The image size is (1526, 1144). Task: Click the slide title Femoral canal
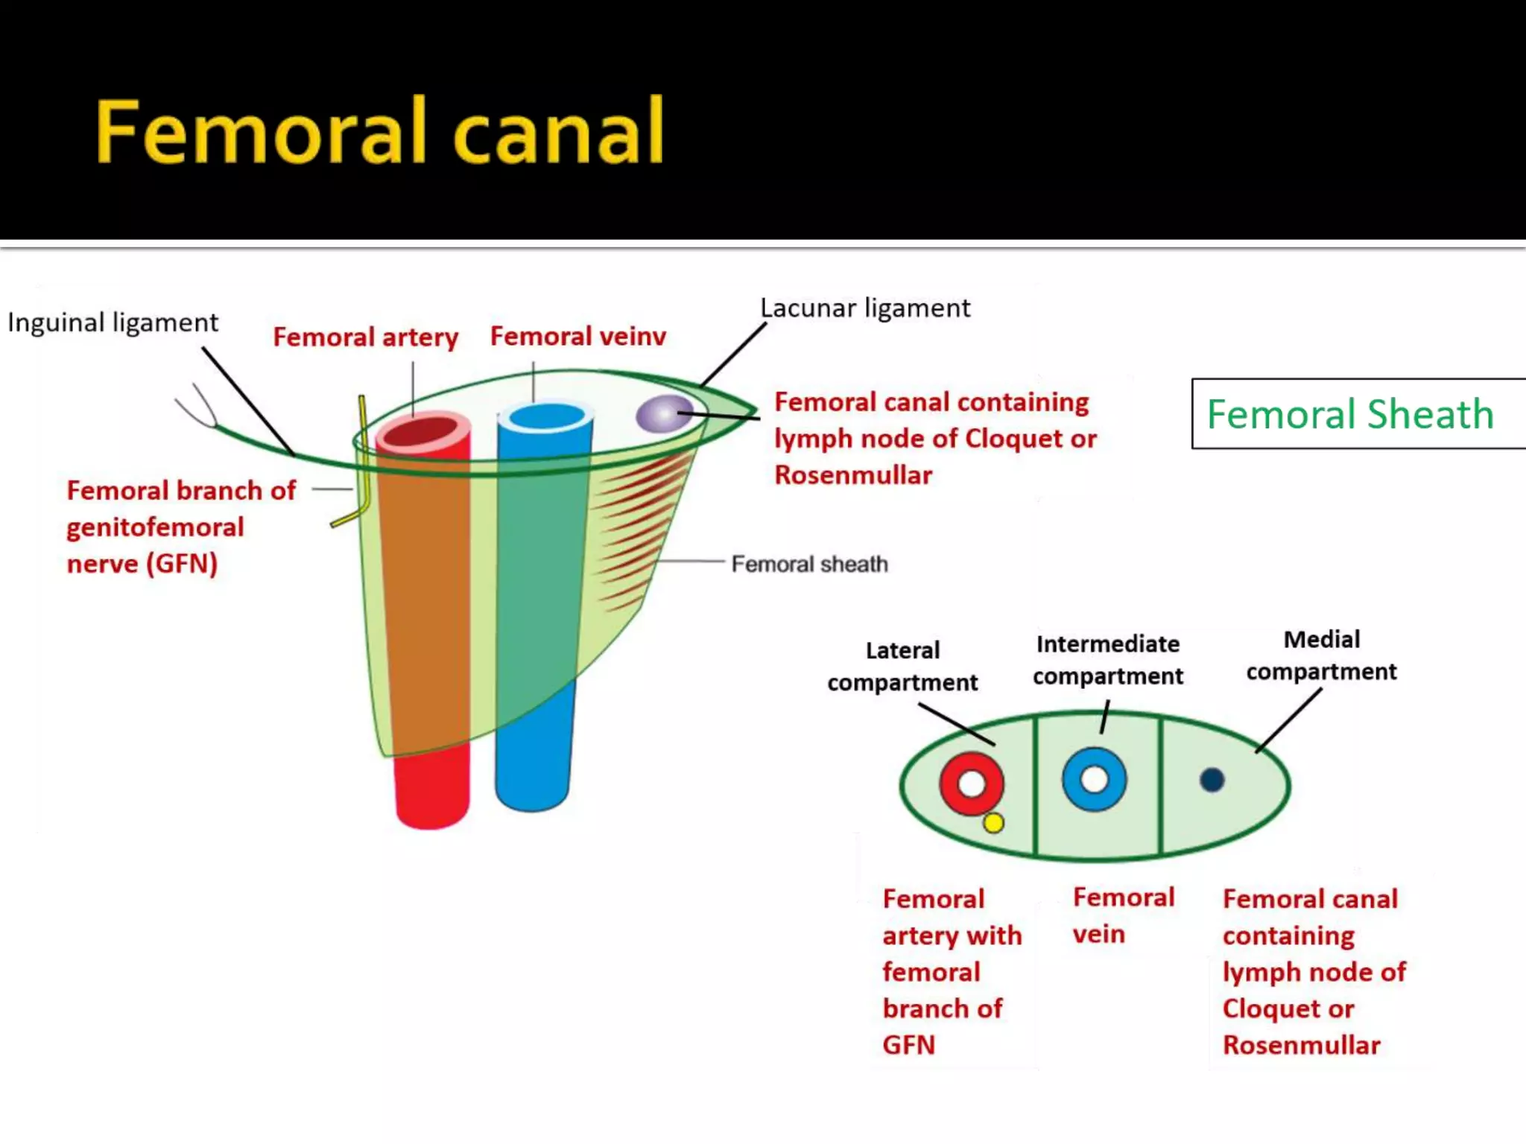(x=380, y=132)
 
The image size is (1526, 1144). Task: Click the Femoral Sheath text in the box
(x=1349, y=414)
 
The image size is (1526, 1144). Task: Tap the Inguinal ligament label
(x=113, y=322)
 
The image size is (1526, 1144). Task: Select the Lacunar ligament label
(x=864, y=308)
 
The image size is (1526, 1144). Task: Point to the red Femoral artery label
(x=365, y=337)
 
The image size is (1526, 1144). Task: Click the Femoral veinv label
(x=577, y=337)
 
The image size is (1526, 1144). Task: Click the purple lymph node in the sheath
(x=661, y=414)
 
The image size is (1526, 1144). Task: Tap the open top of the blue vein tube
(x=546, y=417)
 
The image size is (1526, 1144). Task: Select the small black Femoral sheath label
(x=809, y=564)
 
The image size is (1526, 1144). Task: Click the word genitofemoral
(x=155, y=527)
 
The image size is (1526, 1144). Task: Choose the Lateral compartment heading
(x=902, y=666)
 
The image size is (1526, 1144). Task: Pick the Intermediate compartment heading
(x=1107, y=660)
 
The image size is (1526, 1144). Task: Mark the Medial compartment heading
(x=1321, y=655)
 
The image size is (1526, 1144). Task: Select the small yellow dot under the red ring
(x=993, y=823)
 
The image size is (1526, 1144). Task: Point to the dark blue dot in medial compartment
(x=1212, y=780)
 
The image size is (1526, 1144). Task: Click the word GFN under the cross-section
(x=908, y=1045)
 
